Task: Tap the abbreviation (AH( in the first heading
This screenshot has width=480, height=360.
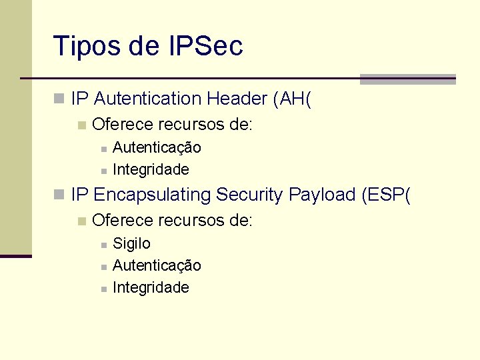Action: (292, 99)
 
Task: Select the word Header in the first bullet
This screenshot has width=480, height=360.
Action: (237, 99)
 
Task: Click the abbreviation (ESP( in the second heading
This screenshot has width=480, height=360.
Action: (387, 195)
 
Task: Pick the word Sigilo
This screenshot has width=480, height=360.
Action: (131, 243)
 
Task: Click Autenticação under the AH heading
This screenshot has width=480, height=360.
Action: (157, 147)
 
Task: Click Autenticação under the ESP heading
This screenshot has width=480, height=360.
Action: (157, 265)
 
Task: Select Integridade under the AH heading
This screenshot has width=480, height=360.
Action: (151, 169)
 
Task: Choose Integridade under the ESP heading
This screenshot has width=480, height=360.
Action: (151, 287)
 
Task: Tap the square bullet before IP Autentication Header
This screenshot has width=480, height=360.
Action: (59, 99)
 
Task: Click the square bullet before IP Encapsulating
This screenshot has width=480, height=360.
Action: (59, 195)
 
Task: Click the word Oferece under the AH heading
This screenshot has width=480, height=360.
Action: (117, 124)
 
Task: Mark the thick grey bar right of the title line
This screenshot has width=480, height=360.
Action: (407, 79)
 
